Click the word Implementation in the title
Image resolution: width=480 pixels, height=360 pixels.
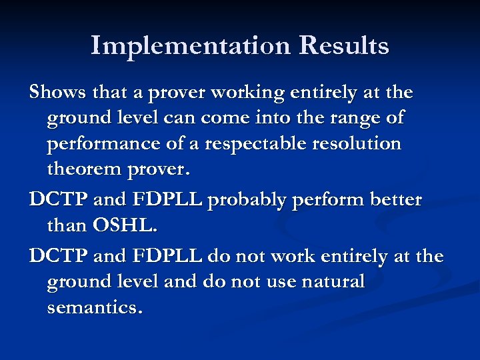(191, 46)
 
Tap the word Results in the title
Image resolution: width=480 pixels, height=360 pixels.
(344, 46)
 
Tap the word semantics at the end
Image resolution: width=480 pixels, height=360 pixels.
(94, 308)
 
